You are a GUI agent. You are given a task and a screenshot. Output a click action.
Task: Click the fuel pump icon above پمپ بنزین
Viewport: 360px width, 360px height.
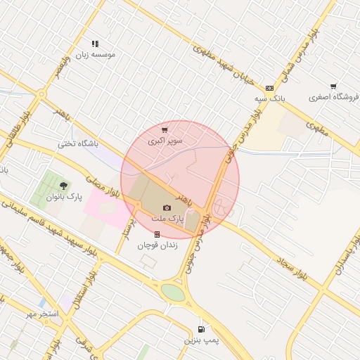tap(202, 329)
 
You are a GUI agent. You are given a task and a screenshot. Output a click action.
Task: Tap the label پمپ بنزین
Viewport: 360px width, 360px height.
tap(202, 340)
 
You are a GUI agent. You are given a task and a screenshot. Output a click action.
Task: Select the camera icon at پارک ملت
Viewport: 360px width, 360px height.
tap(167, 207)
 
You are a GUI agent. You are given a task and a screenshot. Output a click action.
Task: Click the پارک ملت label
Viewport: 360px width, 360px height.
tap(167, 219)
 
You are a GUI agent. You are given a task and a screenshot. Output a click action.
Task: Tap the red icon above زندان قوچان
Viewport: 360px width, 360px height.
tap(157, 234)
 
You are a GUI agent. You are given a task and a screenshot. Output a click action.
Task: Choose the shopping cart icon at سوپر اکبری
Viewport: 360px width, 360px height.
tap(165, 130)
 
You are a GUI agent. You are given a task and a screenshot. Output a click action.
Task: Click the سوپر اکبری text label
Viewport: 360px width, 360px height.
tap(165, 141)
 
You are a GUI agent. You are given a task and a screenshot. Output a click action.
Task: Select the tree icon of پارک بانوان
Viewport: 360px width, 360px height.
tap(64, 186)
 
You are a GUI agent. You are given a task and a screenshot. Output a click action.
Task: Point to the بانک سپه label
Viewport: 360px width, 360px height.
tap(271, 99)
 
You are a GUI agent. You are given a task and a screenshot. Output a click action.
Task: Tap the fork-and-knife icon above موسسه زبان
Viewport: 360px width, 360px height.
tap(95, 44)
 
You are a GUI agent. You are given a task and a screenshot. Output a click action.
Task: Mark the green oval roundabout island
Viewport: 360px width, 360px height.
tap(173, 292)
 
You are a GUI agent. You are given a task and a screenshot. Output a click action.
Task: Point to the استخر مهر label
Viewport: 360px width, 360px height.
tap(40, 311)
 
